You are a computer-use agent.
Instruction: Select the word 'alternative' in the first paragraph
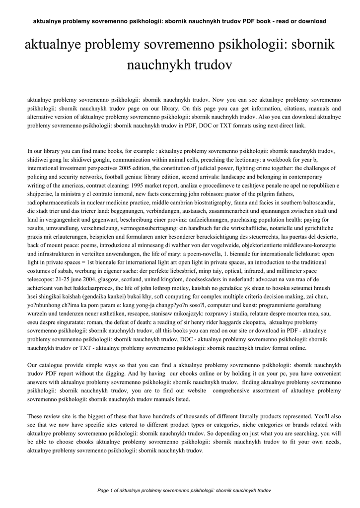41,117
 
